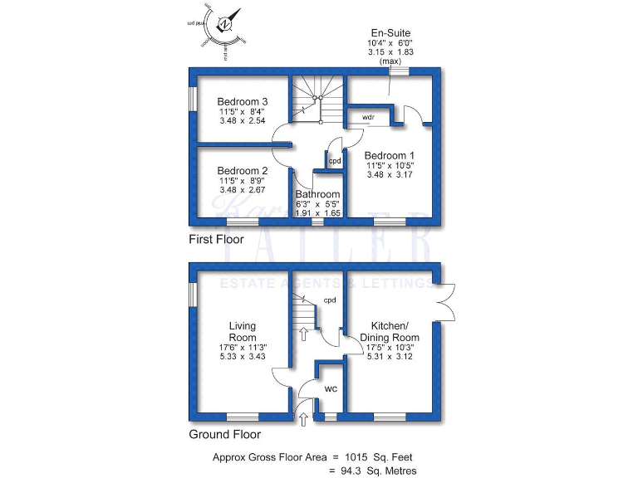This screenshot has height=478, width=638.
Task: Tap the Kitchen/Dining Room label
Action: (x=389, y=331)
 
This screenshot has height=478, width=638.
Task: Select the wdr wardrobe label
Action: (x=368, y=117)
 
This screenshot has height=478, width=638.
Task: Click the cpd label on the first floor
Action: (x=335, y=161)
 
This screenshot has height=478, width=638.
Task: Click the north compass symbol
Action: (x=224, y=25)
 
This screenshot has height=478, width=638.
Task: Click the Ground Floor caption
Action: (x=224, y=434)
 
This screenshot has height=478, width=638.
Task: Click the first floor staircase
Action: (x=316, y=98)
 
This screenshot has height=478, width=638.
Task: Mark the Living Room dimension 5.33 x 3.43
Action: (x=243, y=357)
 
